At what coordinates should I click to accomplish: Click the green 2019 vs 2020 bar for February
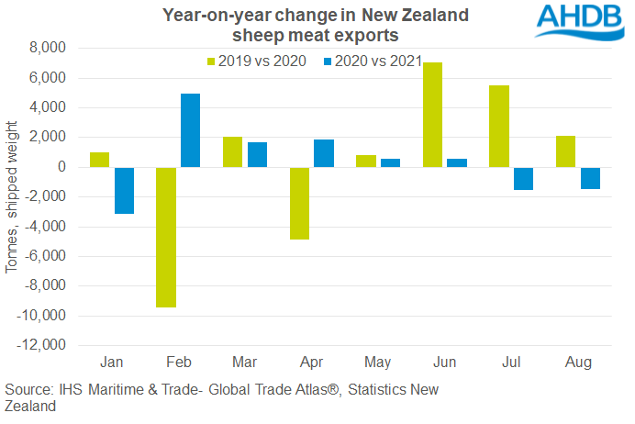pos(166,237)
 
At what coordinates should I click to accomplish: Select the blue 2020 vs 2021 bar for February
pos(191,130)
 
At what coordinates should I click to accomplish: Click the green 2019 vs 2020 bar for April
pos(299,203)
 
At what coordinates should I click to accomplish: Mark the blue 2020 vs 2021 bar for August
pos(590,178)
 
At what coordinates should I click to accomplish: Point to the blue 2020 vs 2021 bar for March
pos(257,154)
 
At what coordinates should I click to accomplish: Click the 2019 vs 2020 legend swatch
pos(210,61)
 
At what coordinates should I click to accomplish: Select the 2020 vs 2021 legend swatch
pos(328,61)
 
